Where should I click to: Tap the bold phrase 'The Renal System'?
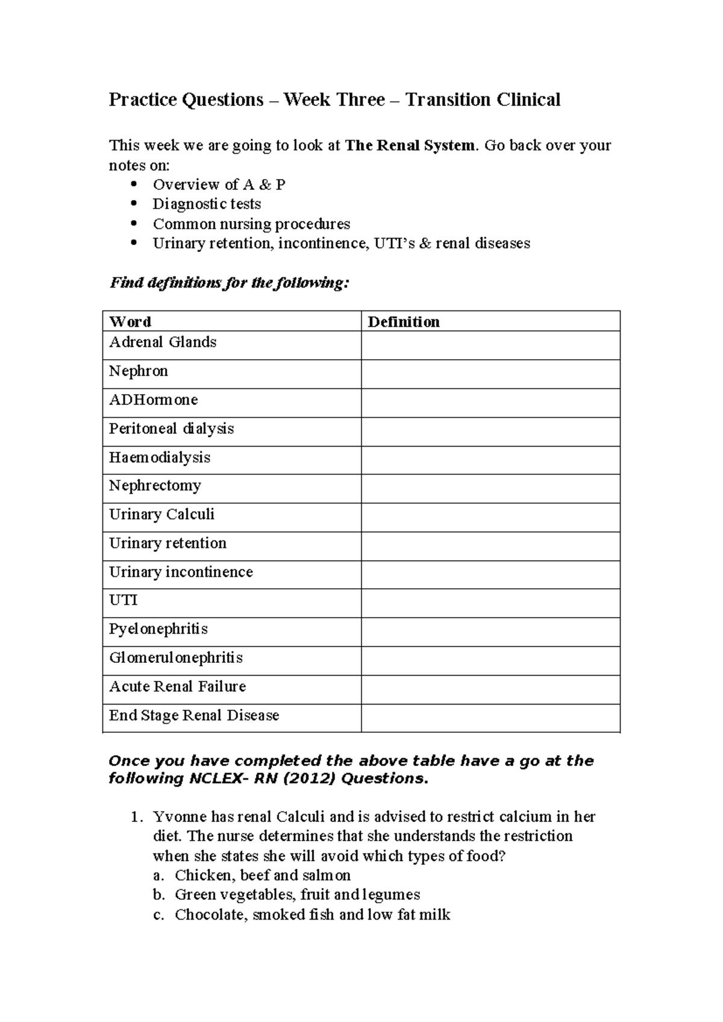click(410, 145)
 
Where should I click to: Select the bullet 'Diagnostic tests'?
click(207, 204)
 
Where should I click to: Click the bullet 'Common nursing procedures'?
click(251, 224)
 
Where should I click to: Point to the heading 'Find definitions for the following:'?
click(229, 283)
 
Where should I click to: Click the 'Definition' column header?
click(404, 322)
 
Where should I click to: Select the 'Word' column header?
click(130, 322)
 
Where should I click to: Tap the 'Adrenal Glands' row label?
click(163, 342)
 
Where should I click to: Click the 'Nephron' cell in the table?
click(139, 371)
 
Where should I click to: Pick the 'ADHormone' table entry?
click(153, 400)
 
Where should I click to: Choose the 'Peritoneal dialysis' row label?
click(171, 429)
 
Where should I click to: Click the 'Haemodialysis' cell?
click(160, 457)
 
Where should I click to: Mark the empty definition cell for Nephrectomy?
click(490, 489)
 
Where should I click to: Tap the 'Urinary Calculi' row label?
click(161, 515)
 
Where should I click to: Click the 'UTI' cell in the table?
click(124, 600)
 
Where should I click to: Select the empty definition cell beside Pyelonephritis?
click(490, 632)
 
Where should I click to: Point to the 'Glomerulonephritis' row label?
click(176, 657)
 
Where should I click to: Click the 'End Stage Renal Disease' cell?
click(194, 715)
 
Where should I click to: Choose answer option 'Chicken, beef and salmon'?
click(263, 875)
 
